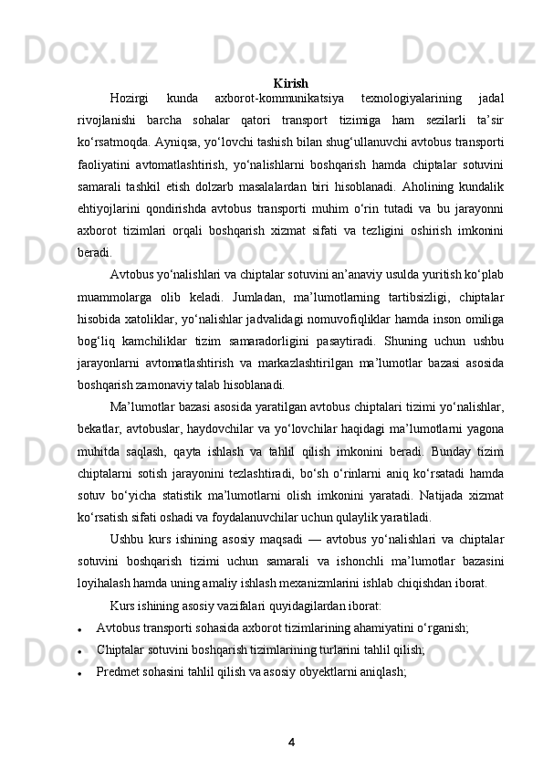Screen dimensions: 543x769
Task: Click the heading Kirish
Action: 290,84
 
